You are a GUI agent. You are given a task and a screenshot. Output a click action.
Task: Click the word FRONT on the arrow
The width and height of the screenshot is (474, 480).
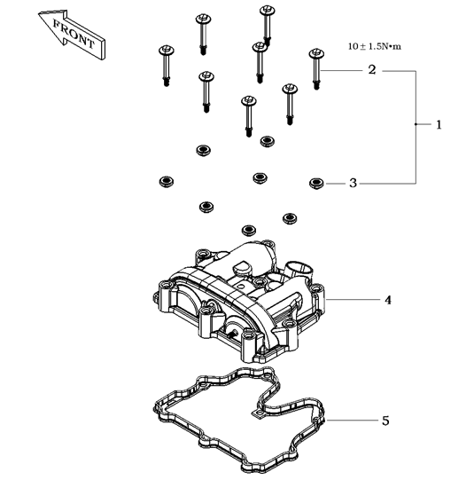tap(74, 34)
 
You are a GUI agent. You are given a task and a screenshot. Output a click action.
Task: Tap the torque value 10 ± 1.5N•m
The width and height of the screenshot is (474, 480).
tap(375, 46)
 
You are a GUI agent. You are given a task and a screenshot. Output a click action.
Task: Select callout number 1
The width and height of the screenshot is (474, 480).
tap(439, 124)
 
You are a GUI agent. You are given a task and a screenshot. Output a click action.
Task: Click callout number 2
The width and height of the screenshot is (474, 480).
tap(371, 70)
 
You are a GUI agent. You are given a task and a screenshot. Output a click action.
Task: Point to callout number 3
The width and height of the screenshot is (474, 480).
tap(353, 183)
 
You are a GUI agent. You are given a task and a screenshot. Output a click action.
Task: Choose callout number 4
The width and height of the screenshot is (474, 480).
tap(387, 300)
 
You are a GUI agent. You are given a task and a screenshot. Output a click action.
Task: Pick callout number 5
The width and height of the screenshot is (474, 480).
tap(385, 421)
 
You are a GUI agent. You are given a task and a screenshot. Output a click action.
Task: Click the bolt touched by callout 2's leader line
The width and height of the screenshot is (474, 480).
tap(316, 69)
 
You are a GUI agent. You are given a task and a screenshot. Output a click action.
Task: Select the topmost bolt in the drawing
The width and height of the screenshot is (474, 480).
tap(267, 26)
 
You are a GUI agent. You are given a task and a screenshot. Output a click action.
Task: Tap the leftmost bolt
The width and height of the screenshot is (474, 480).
tap(167, 66)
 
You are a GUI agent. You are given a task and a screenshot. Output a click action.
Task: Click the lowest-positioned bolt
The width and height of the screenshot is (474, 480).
tap(249, 116)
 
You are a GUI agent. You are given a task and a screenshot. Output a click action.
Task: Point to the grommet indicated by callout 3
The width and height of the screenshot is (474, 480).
tap(316, 184)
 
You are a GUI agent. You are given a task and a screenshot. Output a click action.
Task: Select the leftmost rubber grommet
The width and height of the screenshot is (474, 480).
tap(167, 182)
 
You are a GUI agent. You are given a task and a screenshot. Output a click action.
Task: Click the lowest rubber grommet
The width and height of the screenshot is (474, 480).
tap(249, 230)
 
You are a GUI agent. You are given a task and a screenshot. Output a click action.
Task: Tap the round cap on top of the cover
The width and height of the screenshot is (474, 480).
tap(243, 268)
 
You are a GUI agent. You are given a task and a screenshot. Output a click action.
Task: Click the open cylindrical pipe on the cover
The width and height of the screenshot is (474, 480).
tap(299, 271)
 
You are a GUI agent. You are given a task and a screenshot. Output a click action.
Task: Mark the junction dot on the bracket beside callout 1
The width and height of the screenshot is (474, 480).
tap(416, 124)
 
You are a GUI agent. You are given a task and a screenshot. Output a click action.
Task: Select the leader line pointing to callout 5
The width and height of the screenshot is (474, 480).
tap(352, 420)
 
